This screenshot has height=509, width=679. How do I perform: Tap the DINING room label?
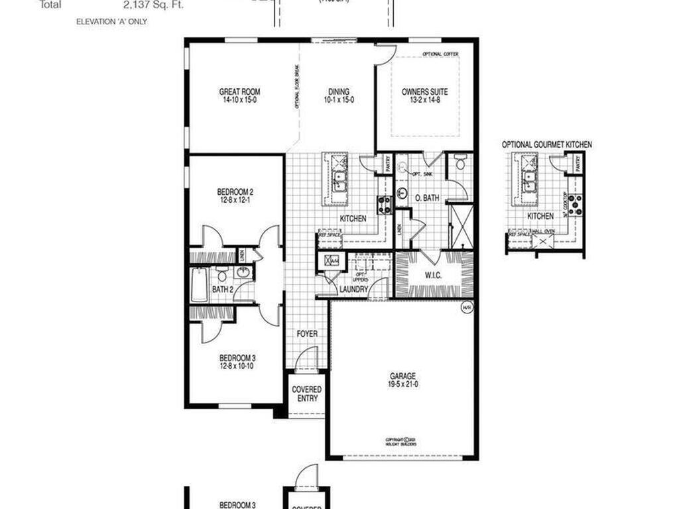pos(339,92)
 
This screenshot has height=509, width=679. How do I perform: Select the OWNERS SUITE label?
pos(425,92)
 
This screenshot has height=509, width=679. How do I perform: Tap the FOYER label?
pos(307,333)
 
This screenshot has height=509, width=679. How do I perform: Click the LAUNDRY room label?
pos(353,290)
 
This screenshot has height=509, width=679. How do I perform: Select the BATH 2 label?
pos(222,290)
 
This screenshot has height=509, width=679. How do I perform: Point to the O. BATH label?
pos(427,198)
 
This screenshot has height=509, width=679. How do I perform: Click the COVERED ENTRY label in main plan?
pos(306,394)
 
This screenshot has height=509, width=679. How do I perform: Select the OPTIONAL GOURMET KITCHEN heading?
pos(547,144)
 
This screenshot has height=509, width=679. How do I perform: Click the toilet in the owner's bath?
pos(460,161)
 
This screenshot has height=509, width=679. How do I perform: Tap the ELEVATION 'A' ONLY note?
pos(111,22)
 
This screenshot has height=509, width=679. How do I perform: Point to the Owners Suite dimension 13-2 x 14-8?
pos(425,100)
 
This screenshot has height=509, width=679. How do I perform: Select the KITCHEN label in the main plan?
pos(353,218)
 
